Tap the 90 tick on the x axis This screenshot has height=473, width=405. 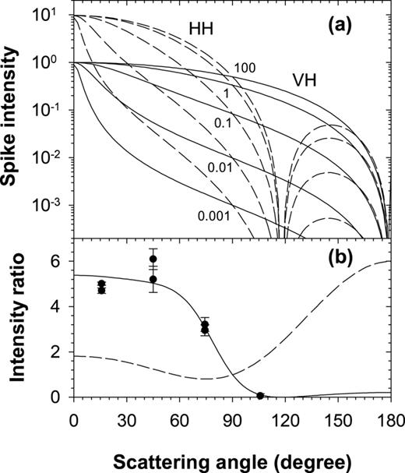[231, 416]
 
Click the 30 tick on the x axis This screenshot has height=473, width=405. [125, 416]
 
